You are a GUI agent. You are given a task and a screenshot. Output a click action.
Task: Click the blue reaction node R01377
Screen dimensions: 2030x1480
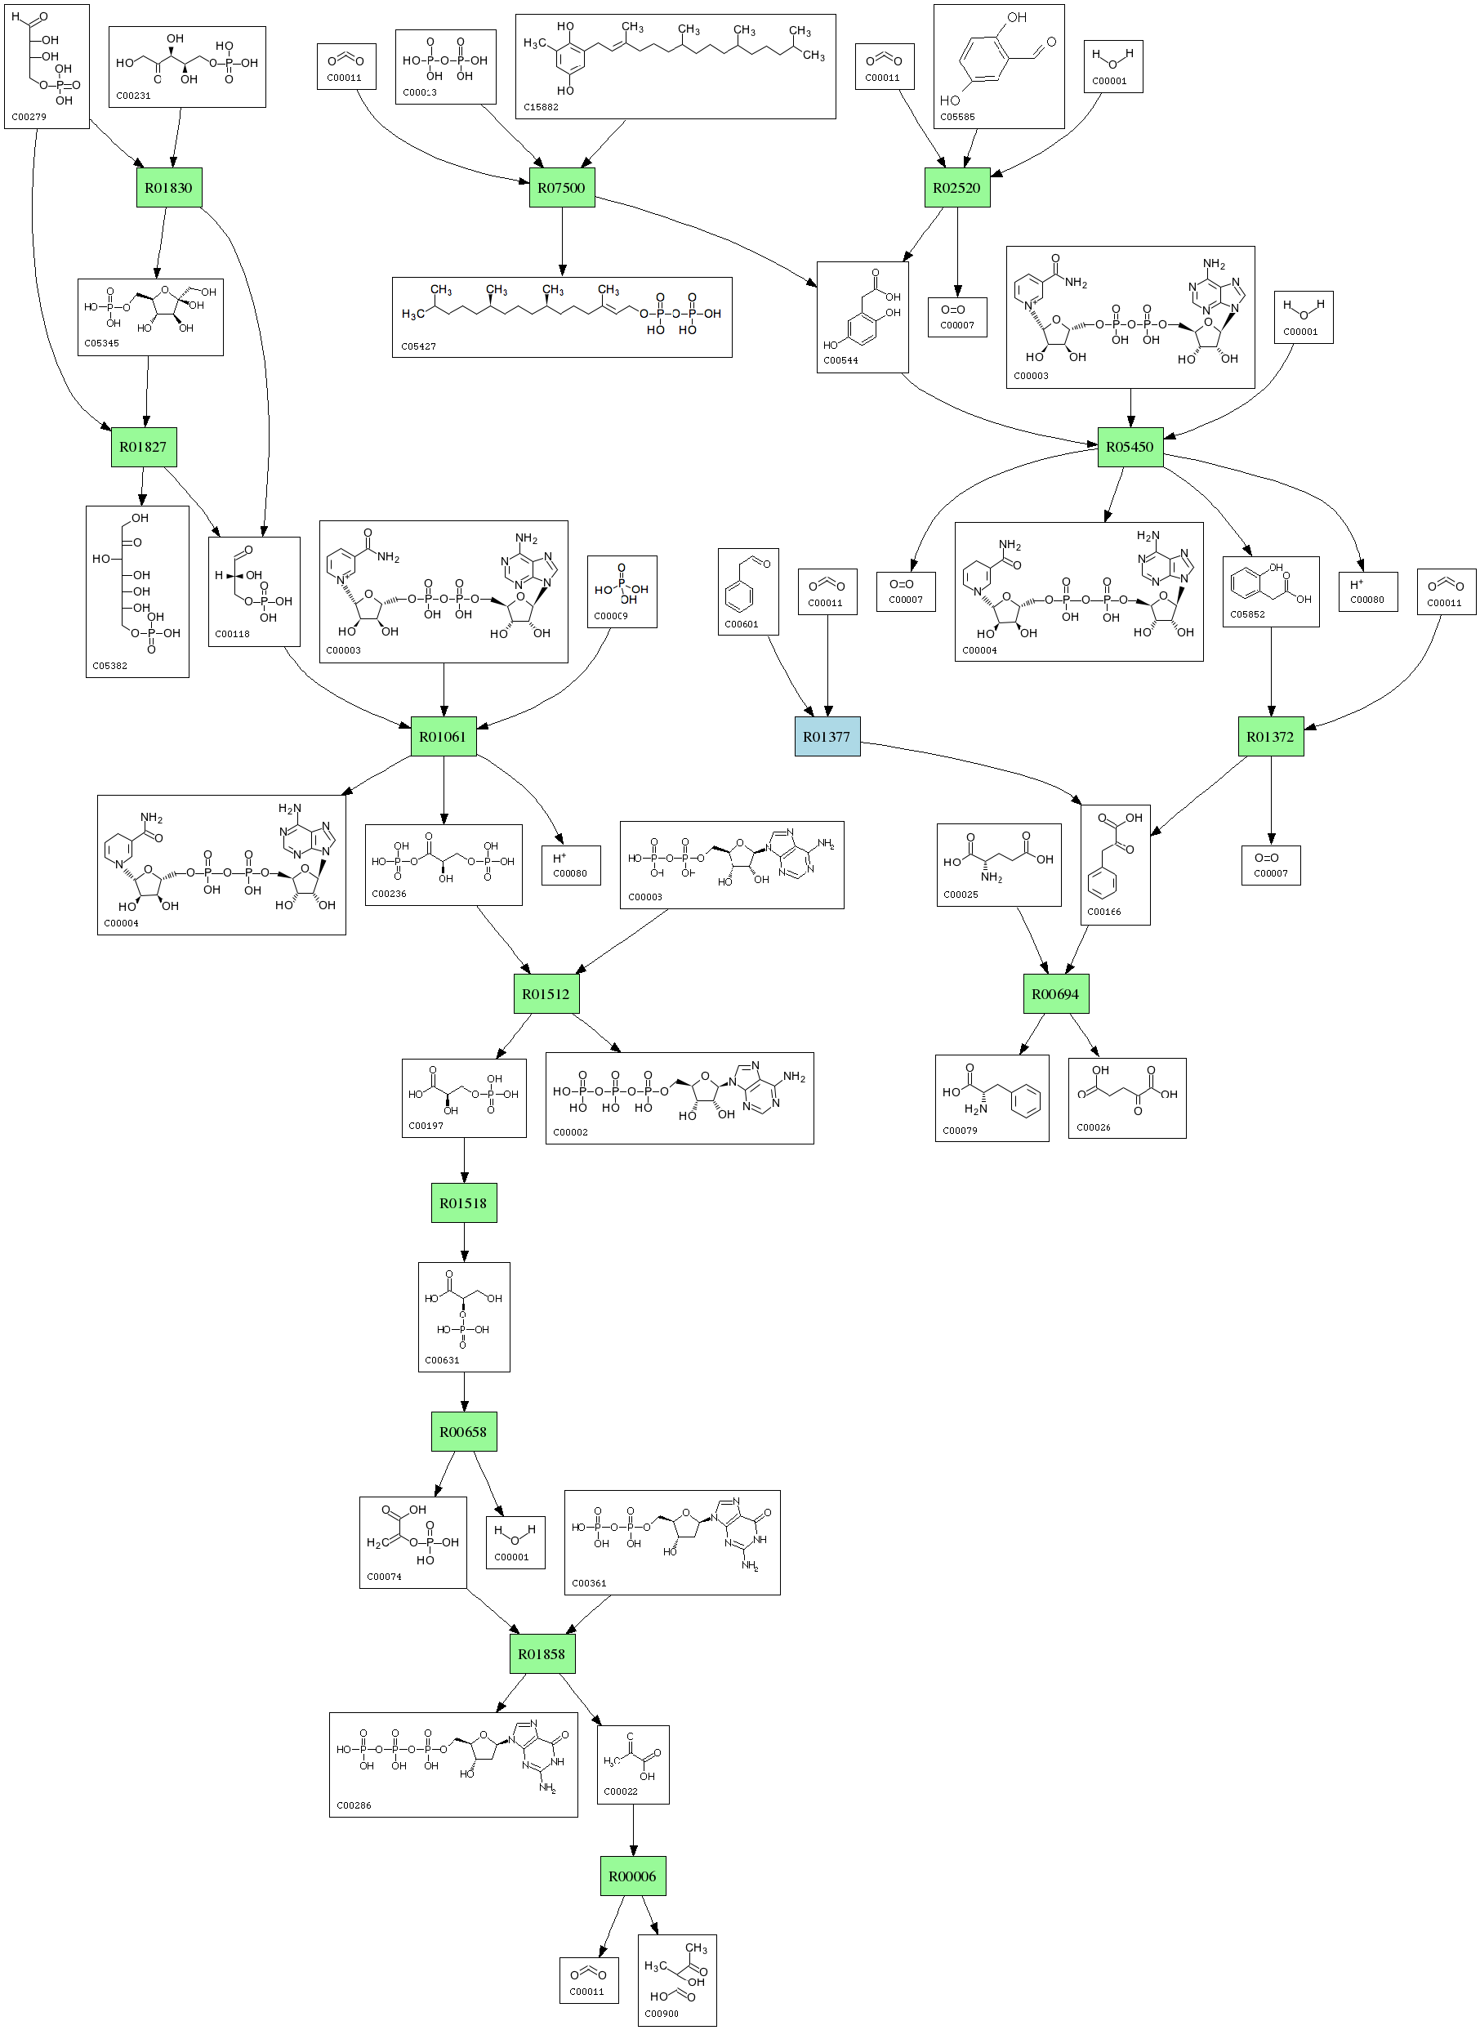click(827, 736)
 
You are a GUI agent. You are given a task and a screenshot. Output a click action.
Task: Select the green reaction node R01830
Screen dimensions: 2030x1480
click(168, 188)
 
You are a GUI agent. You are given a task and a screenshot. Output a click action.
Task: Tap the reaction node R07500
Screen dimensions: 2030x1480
click(562, 188)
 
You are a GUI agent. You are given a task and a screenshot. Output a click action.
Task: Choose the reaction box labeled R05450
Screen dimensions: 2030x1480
click(1130, 447)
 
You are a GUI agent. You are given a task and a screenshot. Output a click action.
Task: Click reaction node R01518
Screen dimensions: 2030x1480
click(463, 1203)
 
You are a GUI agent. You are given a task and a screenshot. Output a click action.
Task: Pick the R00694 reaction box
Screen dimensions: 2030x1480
click(1055, 993)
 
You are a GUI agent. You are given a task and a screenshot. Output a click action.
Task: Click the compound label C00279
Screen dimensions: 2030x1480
click(29, 118)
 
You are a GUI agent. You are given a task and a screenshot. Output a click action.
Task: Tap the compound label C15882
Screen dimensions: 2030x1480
click(541, 108)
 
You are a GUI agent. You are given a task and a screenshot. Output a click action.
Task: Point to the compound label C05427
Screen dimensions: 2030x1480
click(418, 346)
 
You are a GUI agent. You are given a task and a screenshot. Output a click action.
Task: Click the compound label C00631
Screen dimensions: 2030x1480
click(442, 1360)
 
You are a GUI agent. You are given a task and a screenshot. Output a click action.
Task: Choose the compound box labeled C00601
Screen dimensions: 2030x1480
click(748, 592)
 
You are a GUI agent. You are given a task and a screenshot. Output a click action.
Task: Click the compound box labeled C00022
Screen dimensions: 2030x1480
click(632, 1764)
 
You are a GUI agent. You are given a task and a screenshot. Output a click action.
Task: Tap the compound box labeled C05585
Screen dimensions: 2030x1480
click(999, 66)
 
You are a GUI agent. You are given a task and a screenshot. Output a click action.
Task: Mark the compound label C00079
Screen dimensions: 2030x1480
click(960, 1131)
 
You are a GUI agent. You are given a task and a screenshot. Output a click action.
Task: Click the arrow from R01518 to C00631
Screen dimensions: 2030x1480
click(464, 1243)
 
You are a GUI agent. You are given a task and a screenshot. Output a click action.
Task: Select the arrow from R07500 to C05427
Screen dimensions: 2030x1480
click(563, 242)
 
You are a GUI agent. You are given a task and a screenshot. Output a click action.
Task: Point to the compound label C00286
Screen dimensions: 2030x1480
click(353, 1805)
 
